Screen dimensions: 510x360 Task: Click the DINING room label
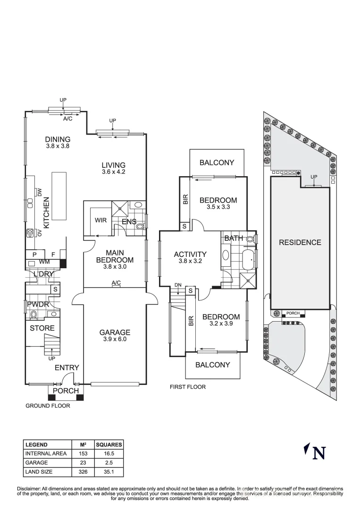[x=58, y=139]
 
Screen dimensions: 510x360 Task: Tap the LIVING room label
[x=113, y=165]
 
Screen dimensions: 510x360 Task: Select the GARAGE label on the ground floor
[x=115, y=332]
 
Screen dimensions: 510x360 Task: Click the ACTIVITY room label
[x=190, y=254]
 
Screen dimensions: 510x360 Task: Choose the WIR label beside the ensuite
[x=100, y=220]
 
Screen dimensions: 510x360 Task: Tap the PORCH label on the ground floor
[x=66, y=391]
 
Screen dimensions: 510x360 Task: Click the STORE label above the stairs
[x=42, y=328]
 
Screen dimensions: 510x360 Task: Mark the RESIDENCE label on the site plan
[x=300, y=242]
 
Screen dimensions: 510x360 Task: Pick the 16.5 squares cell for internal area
[x=109, y=453]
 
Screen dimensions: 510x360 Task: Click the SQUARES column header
[x=109, y=444]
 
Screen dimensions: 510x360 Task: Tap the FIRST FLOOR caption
[x=187, y=387]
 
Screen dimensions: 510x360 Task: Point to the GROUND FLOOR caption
[x=48, y=406]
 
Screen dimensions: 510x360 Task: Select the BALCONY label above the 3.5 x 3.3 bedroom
[x=217, y=162]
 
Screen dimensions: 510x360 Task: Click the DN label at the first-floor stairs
[x=178, y=285]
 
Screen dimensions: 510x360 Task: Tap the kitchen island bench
[x=59, y=196]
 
